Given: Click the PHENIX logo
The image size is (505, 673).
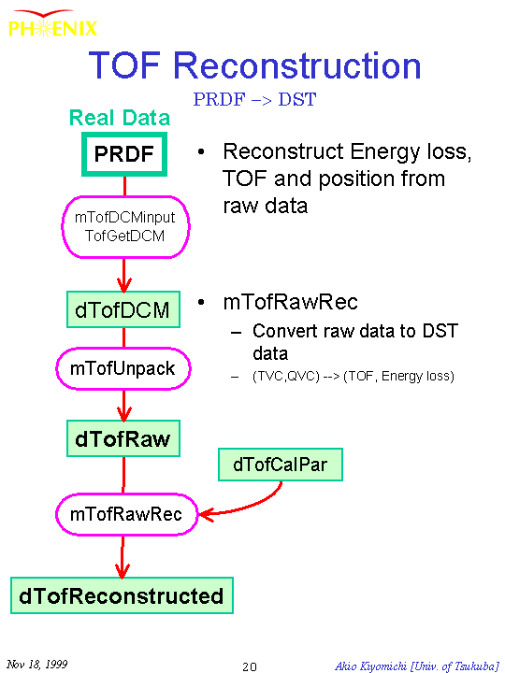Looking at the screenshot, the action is (52, 23).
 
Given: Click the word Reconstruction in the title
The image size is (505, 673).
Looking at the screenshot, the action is (296, 65).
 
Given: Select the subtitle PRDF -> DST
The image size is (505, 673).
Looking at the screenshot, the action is (254, 100).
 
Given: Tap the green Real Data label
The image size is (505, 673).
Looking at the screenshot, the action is (120, 118).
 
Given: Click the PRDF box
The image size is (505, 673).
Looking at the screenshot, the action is (124, 154).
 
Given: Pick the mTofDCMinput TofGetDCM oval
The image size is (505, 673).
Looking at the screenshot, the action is (125, 226).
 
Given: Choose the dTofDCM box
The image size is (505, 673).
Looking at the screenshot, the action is (123, 309).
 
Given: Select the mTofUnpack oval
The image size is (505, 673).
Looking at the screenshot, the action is (123, 368).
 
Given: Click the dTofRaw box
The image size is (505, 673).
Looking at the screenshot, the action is (123, 438).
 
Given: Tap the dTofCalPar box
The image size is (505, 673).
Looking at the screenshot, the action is (281, 465).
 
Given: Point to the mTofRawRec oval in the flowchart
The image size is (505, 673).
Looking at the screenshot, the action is (126, 514).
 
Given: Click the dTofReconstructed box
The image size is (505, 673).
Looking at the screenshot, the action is (122, 595).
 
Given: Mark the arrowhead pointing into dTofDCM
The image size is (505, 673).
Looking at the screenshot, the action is (124, 284).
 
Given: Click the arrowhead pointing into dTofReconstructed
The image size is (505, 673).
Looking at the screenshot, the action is (123, 571).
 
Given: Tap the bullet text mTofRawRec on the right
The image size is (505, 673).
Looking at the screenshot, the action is (290, 302).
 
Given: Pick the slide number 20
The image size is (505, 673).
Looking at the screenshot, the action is (250, 666).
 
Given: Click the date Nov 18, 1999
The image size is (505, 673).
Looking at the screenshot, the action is (37, 665).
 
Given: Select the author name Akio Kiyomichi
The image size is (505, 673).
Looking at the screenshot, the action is (370, 666).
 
